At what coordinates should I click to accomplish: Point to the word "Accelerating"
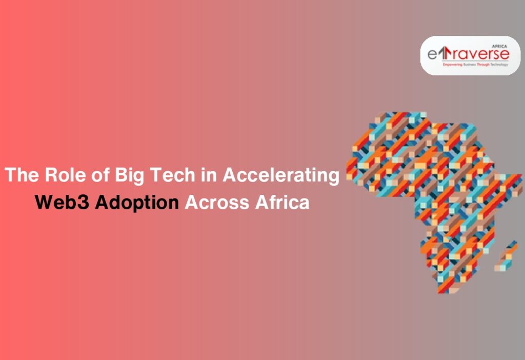point(280,175)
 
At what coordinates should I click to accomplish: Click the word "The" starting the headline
point(22,175)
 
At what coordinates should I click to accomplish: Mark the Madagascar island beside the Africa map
point(506,256)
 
